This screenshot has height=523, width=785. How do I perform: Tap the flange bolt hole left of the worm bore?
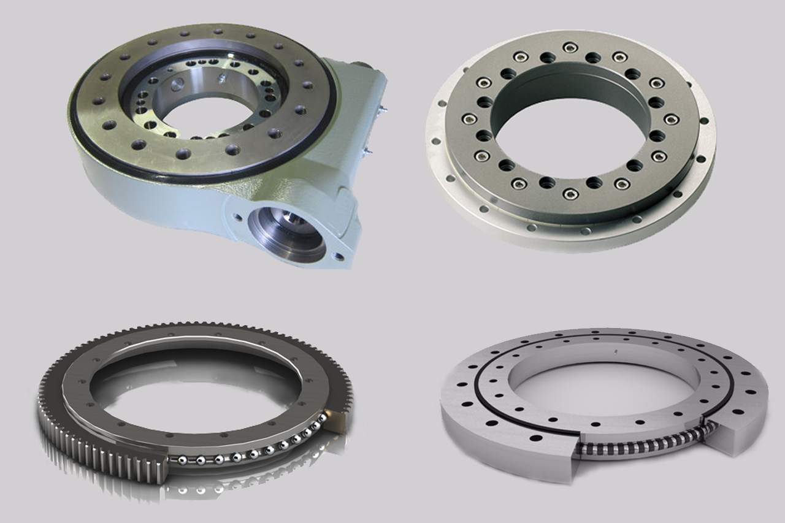pyautogui.click(x=237, y=215)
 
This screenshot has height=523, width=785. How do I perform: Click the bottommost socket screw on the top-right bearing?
pyautogui.click(x=570, y=194)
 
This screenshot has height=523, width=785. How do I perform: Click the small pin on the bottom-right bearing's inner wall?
pyautogui.click(x=614, y=352)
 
